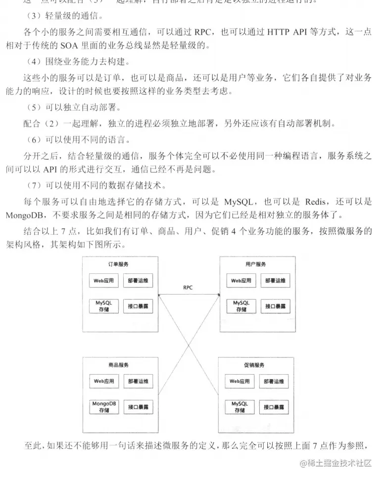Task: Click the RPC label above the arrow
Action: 188,287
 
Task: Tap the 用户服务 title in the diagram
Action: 255,264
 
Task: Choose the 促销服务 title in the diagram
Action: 255,365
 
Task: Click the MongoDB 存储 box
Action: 104,406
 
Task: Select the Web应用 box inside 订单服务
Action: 104,281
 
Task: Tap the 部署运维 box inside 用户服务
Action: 275,281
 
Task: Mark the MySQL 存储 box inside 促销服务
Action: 240,407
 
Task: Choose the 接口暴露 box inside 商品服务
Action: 138,407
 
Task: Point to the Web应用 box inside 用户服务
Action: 241,281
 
